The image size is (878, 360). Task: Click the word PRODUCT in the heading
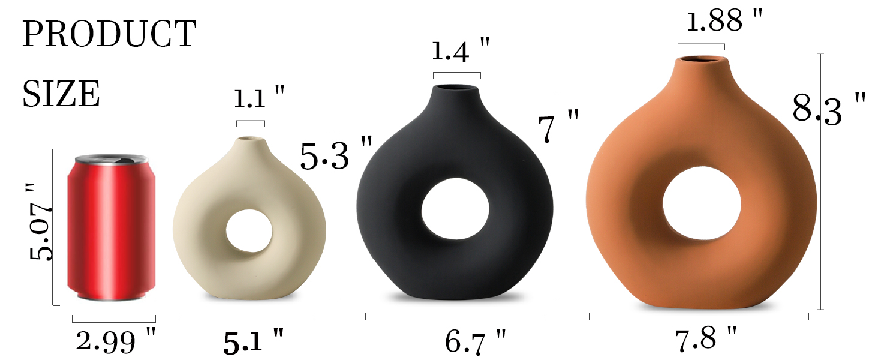click(109, 34)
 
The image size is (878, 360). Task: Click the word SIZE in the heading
click(61, 94)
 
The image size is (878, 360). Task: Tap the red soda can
click(112, 228)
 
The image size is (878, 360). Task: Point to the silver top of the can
click(112, 160)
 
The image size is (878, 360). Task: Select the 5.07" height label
click(40, 222)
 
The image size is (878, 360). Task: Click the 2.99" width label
click(116, 340)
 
